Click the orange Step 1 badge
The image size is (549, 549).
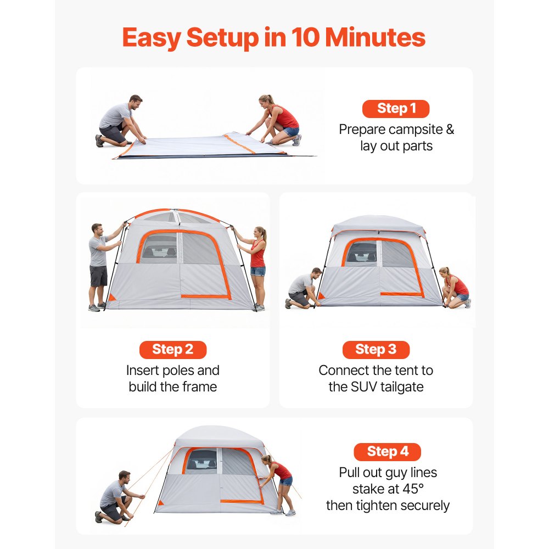(395, 109)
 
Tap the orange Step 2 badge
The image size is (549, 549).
(172, 350)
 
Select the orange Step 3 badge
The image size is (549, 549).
(376, 350)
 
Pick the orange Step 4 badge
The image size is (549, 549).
(387, 452)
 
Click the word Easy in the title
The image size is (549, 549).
(151, 37)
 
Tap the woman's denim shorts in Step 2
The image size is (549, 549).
(258, 271)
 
